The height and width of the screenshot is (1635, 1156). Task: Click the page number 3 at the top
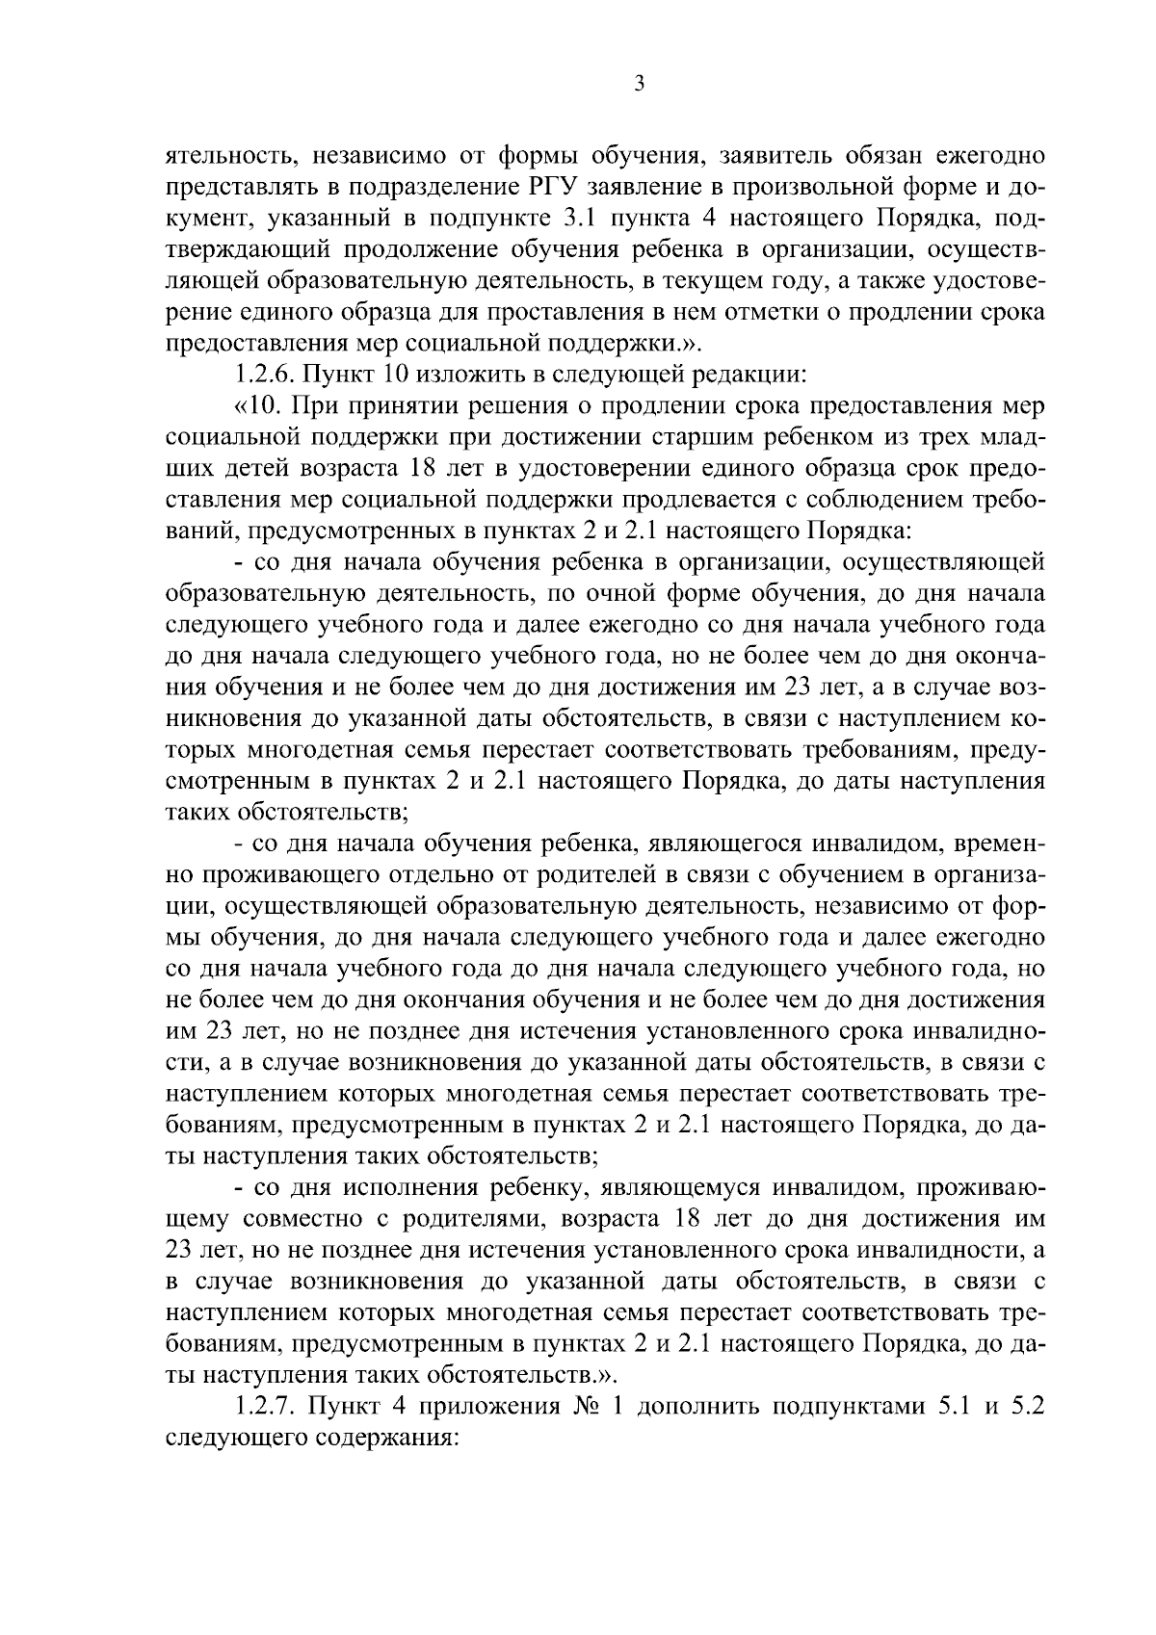pyautogui.click(x=639, y=85)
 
